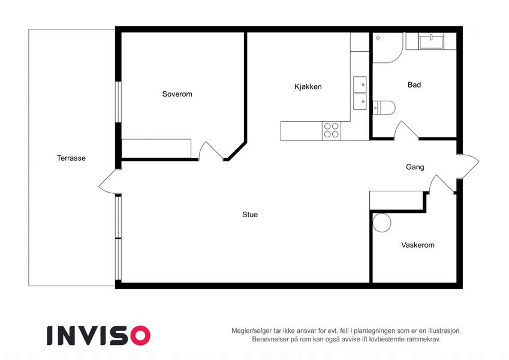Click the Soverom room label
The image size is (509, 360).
(x=177, y=94)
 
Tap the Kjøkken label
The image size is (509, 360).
(x=308, y=87)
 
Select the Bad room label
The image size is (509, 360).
(x=414, y=85)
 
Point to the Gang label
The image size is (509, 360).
(x=415, y=167)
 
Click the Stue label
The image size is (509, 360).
(x=250, y=214)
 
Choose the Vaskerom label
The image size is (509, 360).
(x=418, y=245)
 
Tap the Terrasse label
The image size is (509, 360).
(x=71, y=158)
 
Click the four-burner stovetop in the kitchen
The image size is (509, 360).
(x=332, y=131)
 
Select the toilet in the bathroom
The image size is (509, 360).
(x=384, y=107)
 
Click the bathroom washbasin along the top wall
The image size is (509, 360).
(x=431, y=41)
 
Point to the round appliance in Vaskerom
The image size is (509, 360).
(x=382, y=223)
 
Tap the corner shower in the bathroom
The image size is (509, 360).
(x=387, y=47)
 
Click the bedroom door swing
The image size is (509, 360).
(x=210, y=151)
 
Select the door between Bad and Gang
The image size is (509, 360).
(x=406, y=131)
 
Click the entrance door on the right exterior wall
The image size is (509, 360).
(x=468, y=166)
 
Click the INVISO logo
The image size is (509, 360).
(x=99, y=335)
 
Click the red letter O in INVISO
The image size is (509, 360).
(x=140, y=335)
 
